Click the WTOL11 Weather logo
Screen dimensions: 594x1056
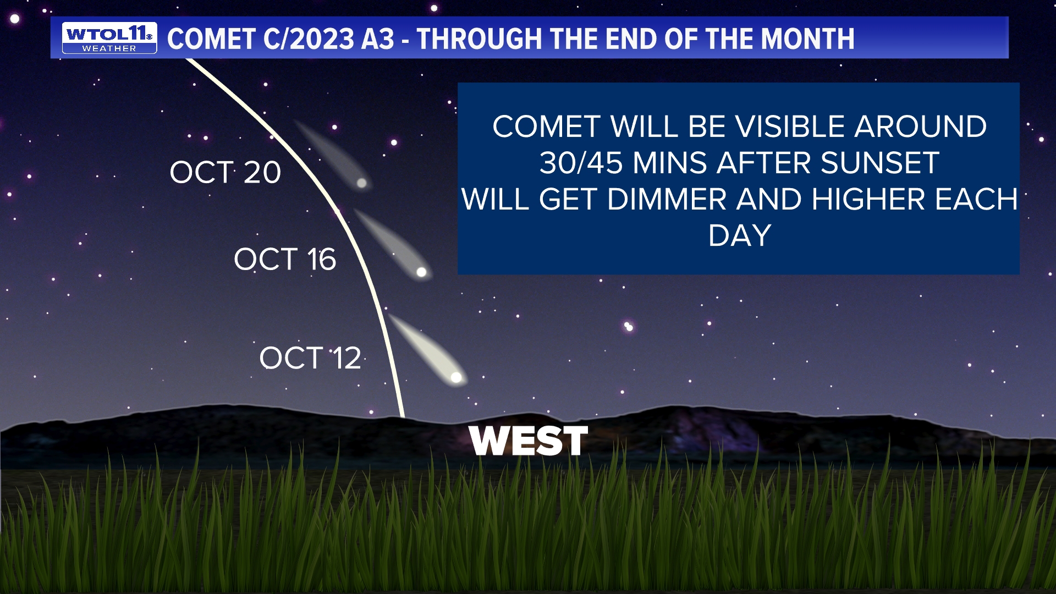point(109,38)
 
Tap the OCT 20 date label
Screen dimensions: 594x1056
point(225,172)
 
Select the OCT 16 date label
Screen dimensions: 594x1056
point(284,259)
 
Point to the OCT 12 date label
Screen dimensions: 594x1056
point(310,358)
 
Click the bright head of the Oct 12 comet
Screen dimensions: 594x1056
point(456,377)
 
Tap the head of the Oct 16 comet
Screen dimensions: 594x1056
point(421,272)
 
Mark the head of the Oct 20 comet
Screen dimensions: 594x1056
point(361,183)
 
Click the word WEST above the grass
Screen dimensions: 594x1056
point(529,441)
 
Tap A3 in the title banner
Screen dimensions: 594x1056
point(378,39)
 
